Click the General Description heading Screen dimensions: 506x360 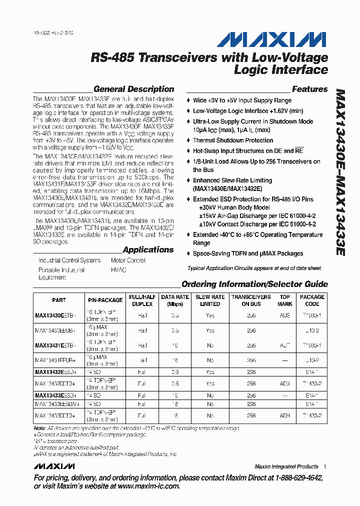(x=133, y=89)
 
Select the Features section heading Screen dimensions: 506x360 (x=309, y=89)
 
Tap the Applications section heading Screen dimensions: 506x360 (x=148, y=250)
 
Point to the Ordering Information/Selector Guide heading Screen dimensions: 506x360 (x=254, y=284)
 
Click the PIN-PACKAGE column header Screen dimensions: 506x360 (x=105, y=300)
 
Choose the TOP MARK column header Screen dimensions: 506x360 (x=285, y=300)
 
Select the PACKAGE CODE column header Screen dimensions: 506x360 (x=312, y=300)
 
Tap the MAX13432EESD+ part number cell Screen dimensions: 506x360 (x=55, y=372)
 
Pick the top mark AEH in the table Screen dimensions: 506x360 (x=285, y=415)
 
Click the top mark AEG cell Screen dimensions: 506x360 (x=285, y=384)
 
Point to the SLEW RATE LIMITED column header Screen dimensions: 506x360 (x=210, y=300)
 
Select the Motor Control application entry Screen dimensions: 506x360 (x=128, y=260)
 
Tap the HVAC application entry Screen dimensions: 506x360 (x=118, y=270)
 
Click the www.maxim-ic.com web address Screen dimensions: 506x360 (x=148, y=486)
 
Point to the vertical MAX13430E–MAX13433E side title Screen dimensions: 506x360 (x=340, y=172)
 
